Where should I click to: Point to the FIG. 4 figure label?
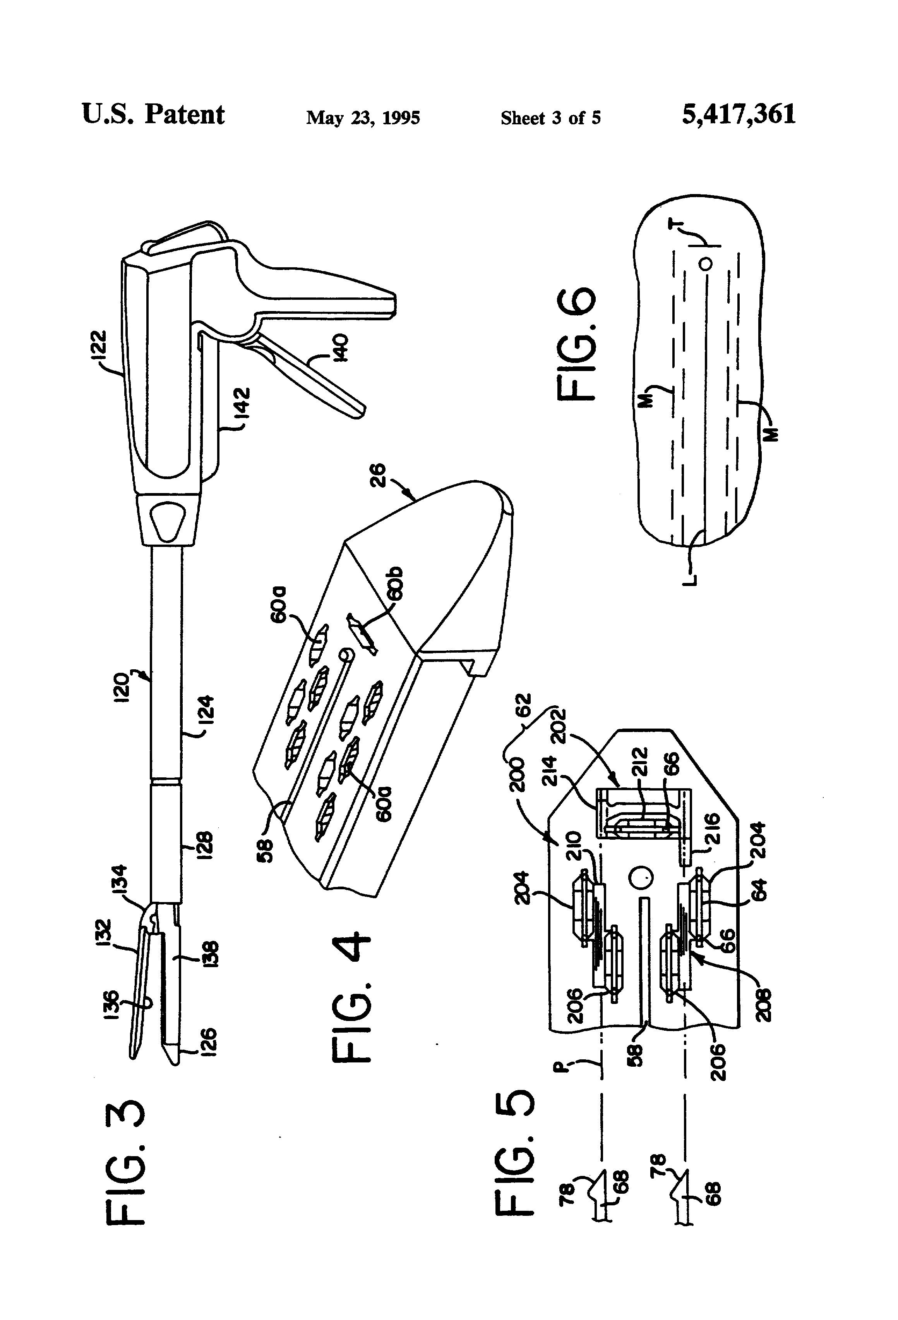click(350, 997)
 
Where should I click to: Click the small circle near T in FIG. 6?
click(706, 263)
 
